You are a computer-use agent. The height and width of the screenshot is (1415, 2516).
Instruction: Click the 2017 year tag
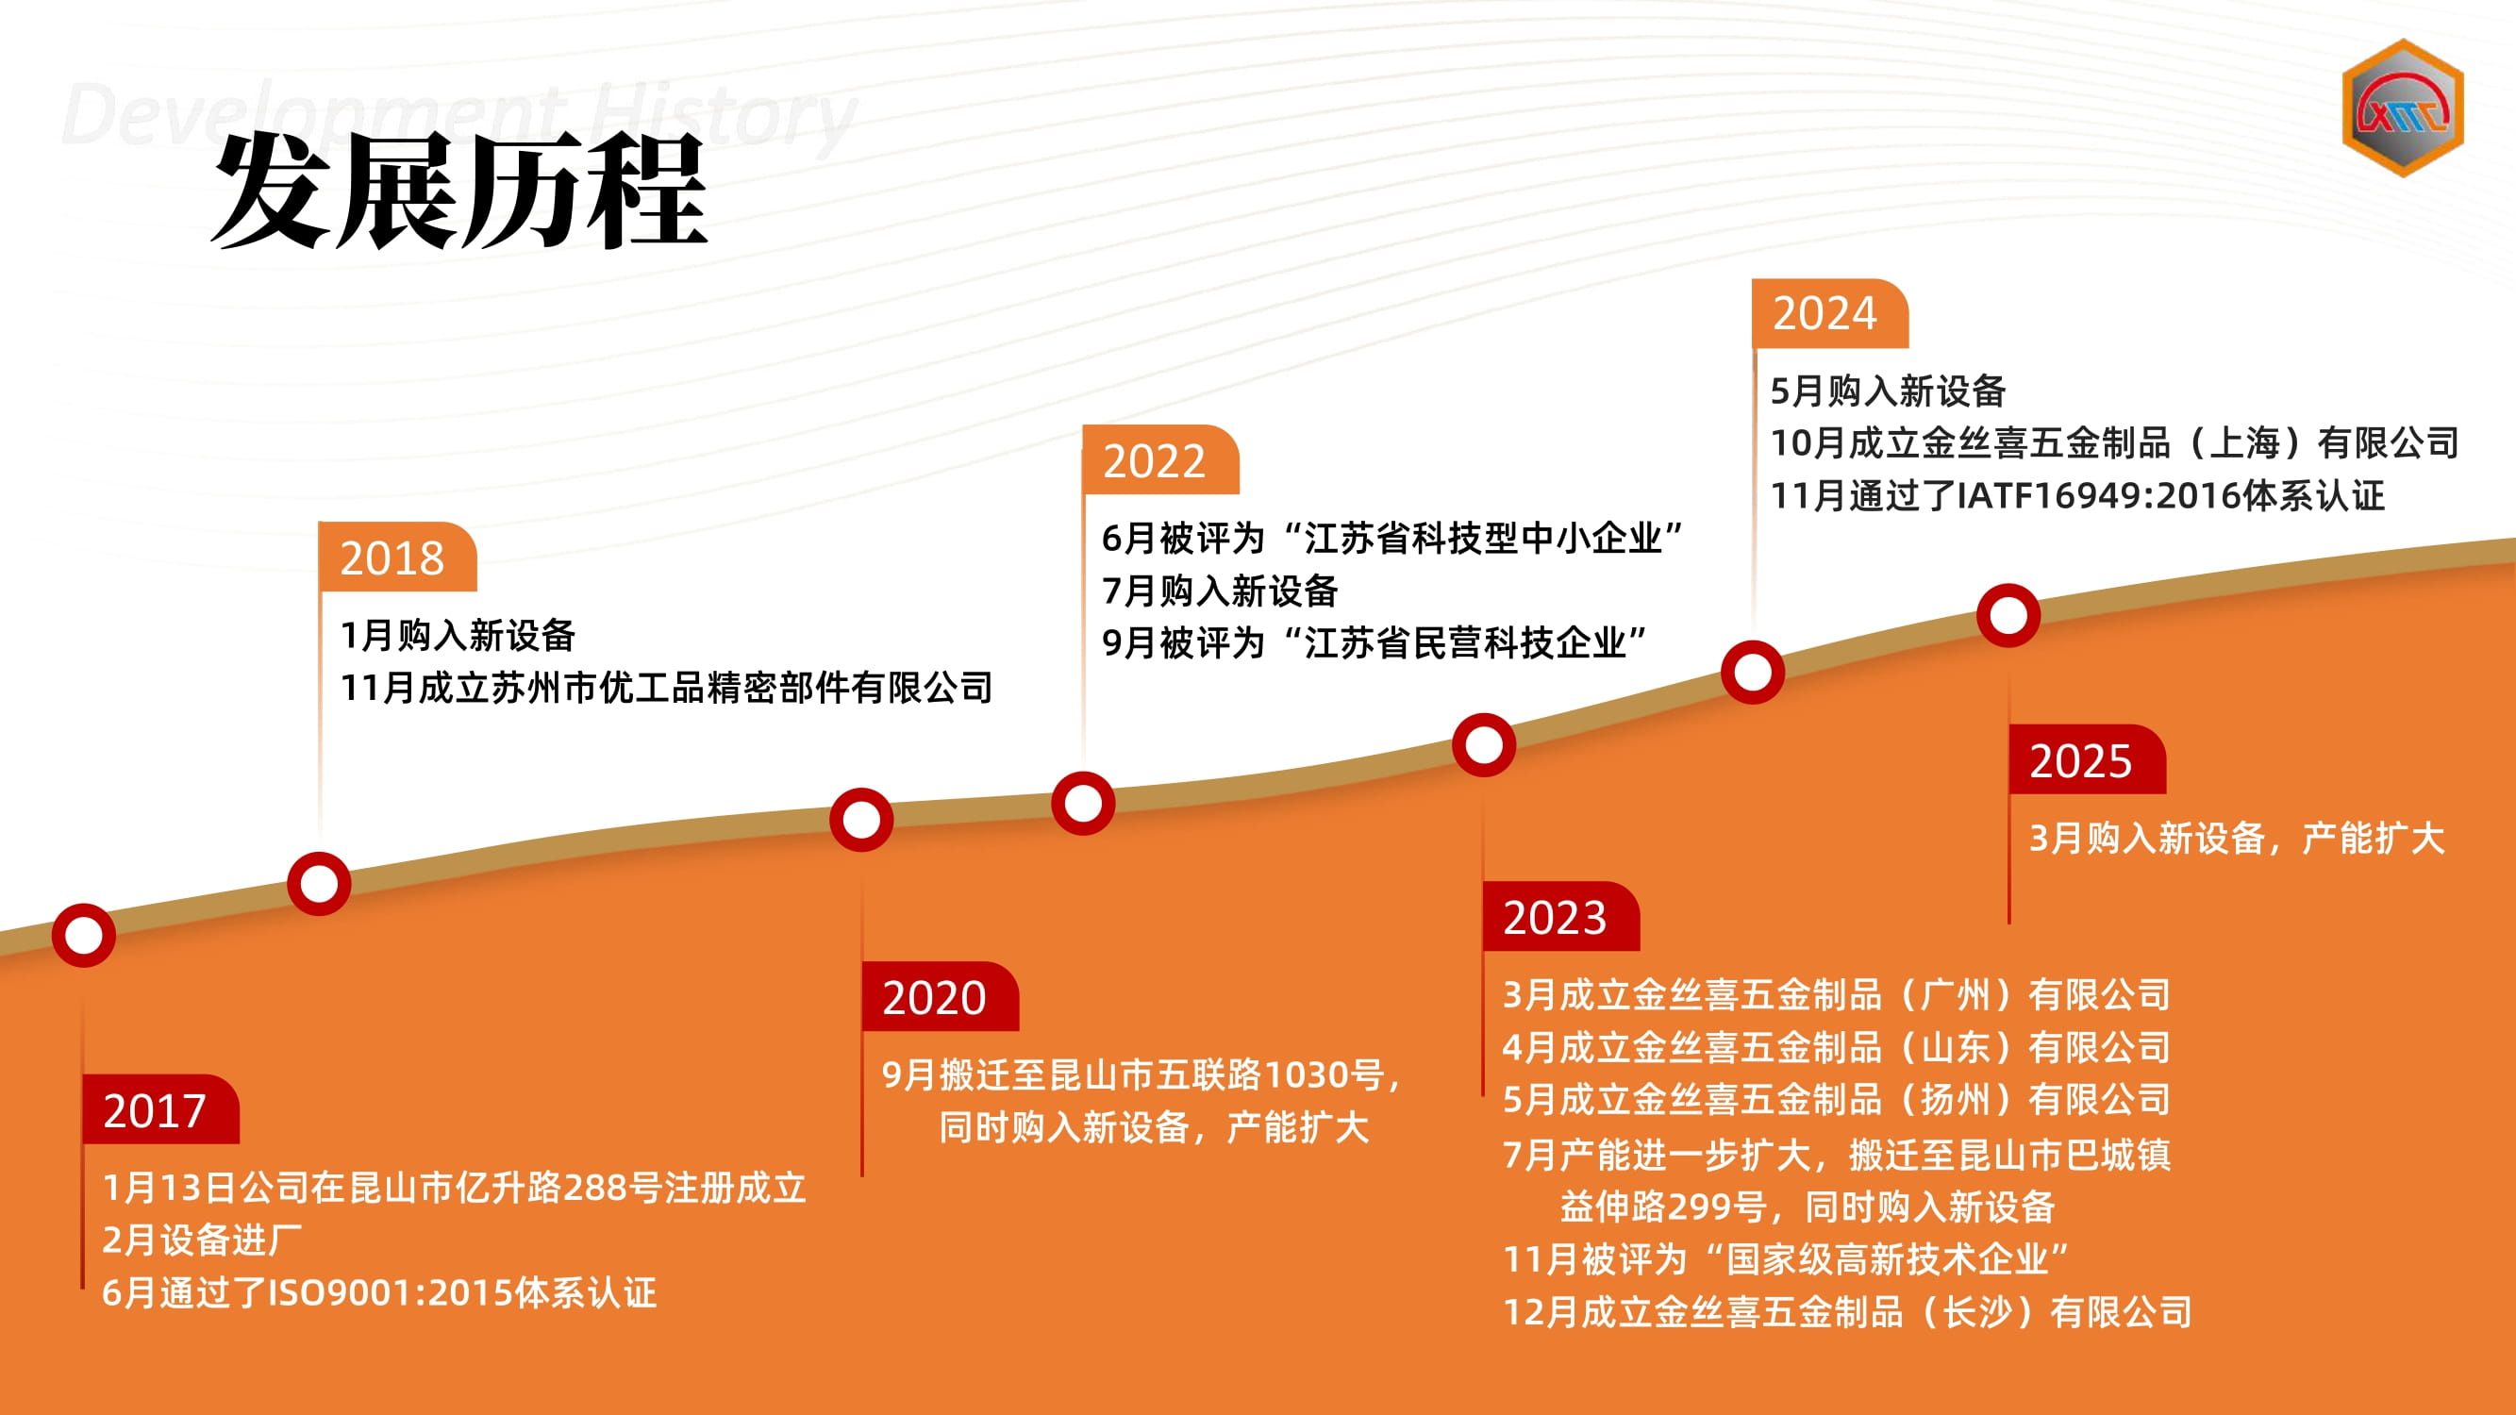[160, 1109]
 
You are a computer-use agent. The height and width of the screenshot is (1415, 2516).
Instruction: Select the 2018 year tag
[397, 557]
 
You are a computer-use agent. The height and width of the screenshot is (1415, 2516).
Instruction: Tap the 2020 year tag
[940, 996]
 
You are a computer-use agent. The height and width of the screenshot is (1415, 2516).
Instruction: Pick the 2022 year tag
[1160, 460]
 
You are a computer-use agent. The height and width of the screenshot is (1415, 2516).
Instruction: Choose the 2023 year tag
[1560, 916]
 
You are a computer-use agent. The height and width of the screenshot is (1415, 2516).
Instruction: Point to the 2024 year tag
[1830, 313]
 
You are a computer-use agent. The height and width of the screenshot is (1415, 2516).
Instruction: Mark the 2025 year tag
[2087, 758]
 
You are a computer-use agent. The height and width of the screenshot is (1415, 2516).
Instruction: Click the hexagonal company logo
[2403, 108]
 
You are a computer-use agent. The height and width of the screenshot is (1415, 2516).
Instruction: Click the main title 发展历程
[459, 190]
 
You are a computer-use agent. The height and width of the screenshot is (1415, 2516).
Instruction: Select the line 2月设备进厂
[202, 1240]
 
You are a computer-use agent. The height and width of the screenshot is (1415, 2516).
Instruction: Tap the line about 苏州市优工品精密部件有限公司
[666, 688]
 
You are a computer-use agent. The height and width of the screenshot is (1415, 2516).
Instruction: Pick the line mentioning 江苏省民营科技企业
[1375, 642]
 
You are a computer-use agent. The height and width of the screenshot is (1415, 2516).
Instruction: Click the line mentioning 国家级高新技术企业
[1787, 1258]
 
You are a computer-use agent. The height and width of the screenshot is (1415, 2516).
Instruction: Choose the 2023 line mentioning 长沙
[1848, 1311]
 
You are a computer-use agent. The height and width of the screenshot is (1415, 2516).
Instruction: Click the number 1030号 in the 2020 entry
[1325, 1075]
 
